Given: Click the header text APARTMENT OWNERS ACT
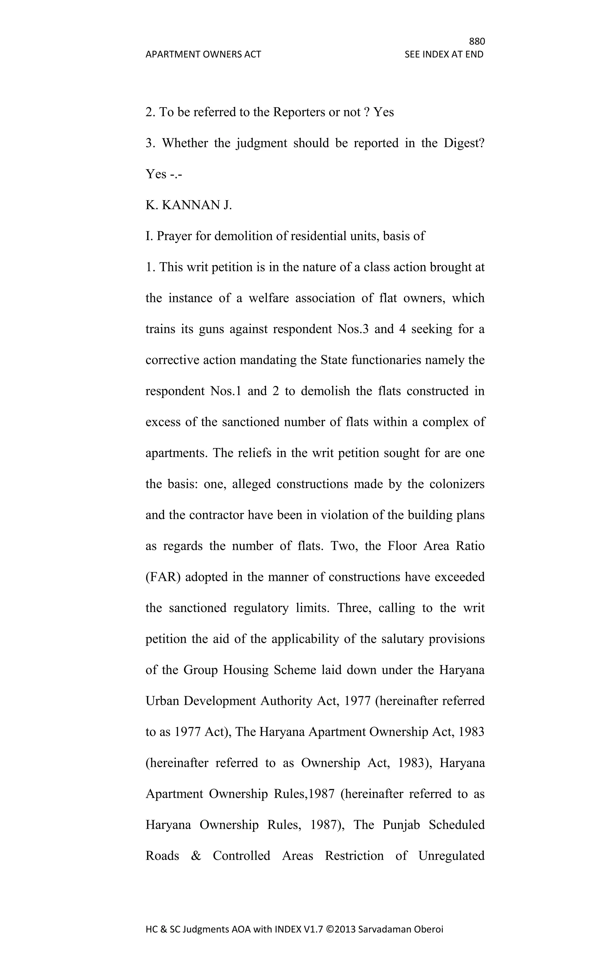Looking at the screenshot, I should pos(203,54).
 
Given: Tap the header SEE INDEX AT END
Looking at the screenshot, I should pos(444,54).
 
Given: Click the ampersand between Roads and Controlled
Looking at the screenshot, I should pos(196,856).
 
